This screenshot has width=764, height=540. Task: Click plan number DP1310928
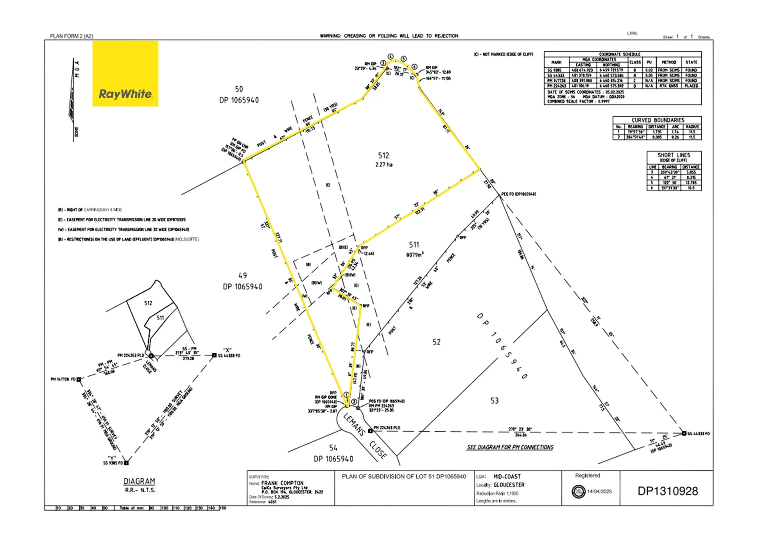point(667,491)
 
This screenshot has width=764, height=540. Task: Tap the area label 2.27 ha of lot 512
point(384,165)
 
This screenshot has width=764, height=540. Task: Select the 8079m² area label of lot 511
point(414,255)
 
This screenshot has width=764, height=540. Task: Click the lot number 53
point(494,401)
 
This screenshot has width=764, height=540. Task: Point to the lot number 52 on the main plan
point(436,342)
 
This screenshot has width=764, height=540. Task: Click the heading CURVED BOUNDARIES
point(658,120)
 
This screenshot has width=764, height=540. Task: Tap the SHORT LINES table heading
point(673,155)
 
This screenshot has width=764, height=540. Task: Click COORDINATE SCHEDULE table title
point(619,54)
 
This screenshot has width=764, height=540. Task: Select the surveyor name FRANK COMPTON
point(282,483)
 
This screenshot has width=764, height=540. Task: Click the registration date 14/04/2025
point(599,492)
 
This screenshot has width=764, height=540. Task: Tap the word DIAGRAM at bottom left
point(139,481)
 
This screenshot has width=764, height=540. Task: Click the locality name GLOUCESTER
point(509,485)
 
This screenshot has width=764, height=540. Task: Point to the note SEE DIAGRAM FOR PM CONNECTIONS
point(510,447)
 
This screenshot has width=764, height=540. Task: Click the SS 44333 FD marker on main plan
point(684,433)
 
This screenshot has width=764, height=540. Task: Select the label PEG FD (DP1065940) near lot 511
point(518,194)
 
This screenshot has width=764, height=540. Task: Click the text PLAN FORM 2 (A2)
point(71,36)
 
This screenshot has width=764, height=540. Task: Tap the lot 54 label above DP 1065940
point(333,448)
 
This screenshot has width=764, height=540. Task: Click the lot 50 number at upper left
point(239,89)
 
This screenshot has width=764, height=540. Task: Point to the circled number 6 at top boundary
point(414,67)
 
